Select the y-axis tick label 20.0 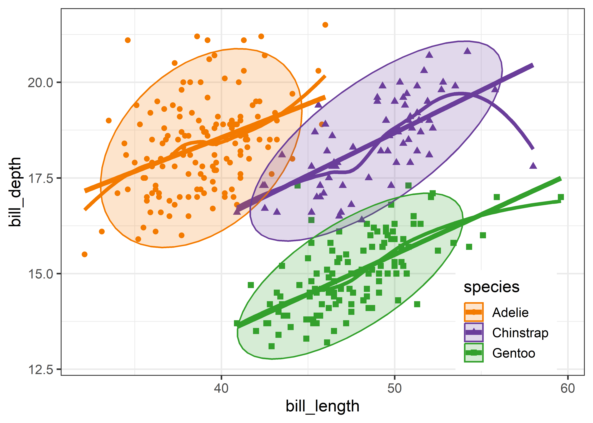[40, 83]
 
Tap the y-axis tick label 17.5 [40, 178]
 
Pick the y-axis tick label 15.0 [40, 274]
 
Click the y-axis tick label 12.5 [40, 370]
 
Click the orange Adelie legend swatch [474, 312]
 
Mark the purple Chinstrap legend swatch [474, 332]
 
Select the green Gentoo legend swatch [474, 353]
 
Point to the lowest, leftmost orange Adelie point [84, 254]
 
